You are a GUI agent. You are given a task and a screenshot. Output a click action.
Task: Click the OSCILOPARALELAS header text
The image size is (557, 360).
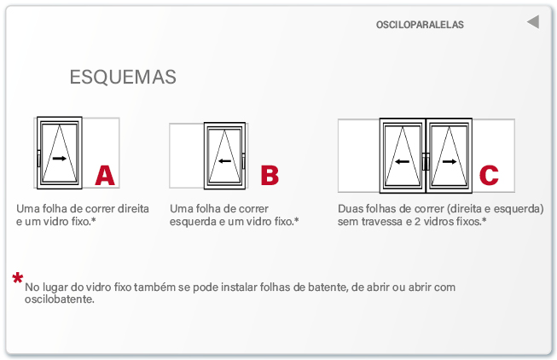click(420, 25)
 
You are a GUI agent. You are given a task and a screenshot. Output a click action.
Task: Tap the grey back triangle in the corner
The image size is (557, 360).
click(534, 22)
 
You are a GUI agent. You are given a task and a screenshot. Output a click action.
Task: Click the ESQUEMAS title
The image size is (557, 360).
click(123, 77)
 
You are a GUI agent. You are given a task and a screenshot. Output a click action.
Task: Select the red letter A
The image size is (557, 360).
click(105, 175)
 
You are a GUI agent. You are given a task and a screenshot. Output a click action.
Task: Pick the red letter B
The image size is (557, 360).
click(270, 175)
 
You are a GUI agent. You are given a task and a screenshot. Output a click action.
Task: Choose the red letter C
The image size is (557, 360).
click(489, 175)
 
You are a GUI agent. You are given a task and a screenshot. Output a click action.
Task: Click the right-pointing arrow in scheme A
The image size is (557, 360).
click(60, 158)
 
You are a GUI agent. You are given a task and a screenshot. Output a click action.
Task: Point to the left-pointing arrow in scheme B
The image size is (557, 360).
click(224, 161)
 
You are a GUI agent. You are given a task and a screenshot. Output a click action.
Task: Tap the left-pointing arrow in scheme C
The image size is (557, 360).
click(402, 162)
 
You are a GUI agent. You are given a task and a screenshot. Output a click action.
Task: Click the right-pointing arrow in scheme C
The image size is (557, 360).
click(450, 162)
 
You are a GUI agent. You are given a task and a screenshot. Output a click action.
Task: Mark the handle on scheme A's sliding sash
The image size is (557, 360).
click(38, 159)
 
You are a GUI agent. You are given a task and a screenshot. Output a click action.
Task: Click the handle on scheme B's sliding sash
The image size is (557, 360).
click(243, 161)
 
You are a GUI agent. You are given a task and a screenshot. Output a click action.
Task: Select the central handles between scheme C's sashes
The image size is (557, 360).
click(426, 162)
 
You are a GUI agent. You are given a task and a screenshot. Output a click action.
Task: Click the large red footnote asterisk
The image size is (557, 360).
click(17, 278)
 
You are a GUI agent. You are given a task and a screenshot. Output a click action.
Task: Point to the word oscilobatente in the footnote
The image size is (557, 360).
click(60, 299)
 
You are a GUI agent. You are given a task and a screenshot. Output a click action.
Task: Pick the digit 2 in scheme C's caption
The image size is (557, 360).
click(417, 222)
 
